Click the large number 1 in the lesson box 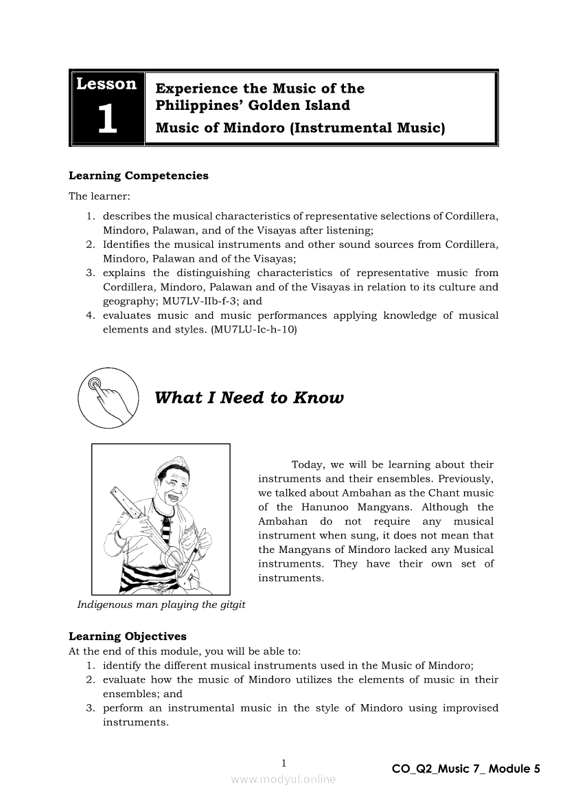pos(106,120)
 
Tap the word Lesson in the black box pos(106,84)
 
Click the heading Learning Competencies pos(138,176)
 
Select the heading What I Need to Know pos(249,398)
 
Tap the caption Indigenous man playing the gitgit pos(161,604)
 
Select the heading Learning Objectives pos(127,636)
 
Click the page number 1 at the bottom pos(283,763)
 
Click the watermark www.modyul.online pos(283,779)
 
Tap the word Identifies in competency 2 pos(126,245)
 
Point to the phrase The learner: pos(95,196)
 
